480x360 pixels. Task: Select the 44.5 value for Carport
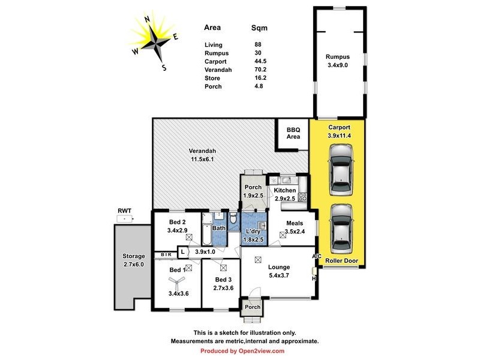pyautogui.click(x=261, y=61)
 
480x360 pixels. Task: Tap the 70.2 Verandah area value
pyautogui.click(x=261, y=70)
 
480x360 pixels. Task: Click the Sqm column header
pyautogui.click(x=259, y=28)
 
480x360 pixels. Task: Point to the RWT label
pyautogui.click(x=124, y=211)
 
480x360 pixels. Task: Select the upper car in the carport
pyautogui.click(x=341, y=173)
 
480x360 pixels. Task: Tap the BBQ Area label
pyautogui.click(x=293, y=133)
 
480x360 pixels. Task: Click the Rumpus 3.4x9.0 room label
pyautogui.click(x=338, y=61)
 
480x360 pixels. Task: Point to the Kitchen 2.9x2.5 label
pyautogui.click(x=285, y=194)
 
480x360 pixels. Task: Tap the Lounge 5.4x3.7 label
pyautogui.click(x=279, y=271)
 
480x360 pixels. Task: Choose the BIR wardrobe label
pyautogui.click(x=166, y=255)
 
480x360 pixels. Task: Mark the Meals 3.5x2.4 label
pyautogui.click(x=295, y=226)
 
